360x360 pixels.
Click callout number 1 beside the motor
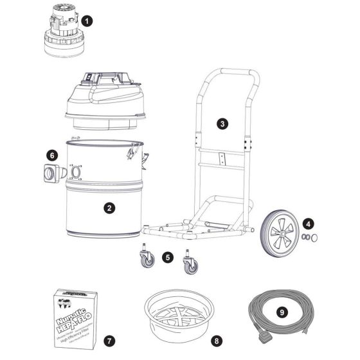click(x=88, y=21)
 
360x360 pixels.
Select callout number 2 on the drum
click(x=110, y=208)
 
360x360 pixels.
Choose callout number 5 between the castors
click(x=168, y=256)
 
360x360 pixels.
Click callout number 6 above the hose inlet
click(x=53, y=155)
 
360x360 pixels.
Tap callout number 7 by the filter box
click(x=109, y=339)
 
